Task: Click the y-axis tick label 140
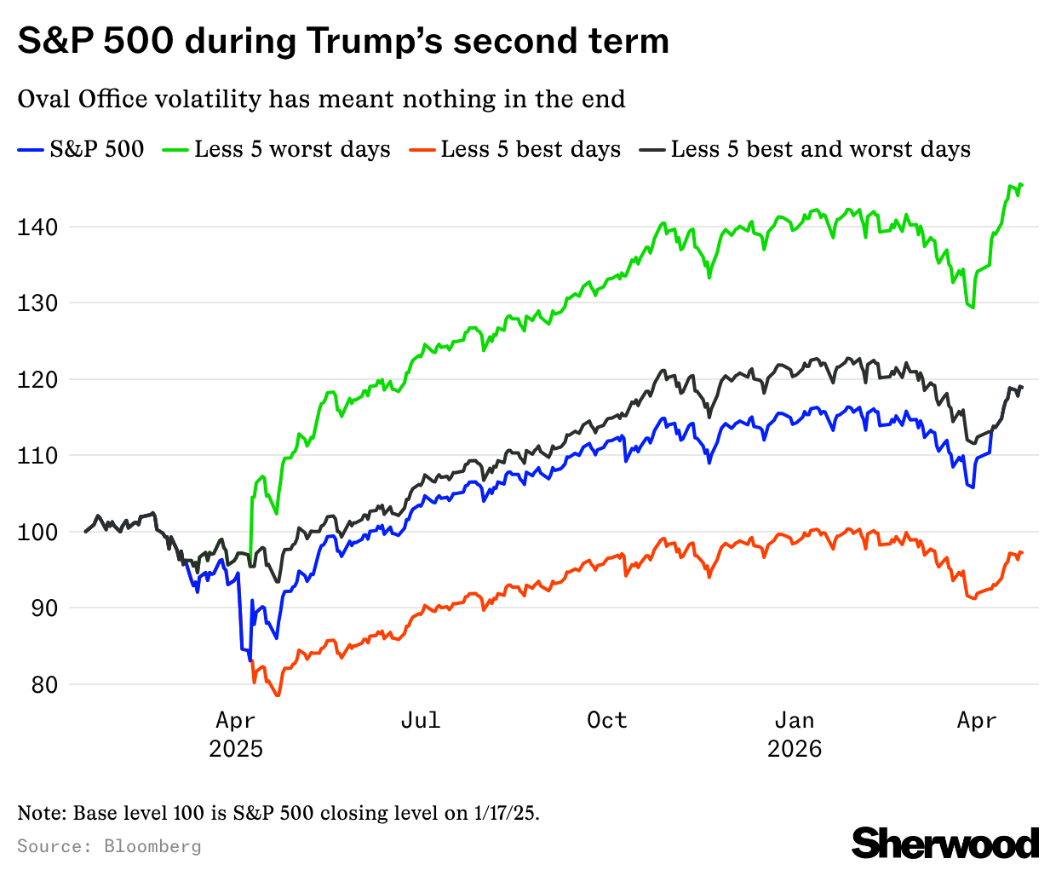tap(37, 227)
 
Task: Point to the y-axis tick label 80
tap(37, 684)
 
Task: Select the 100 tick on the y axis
tap(37, 532)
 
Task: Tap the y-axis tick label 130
tap(37, 303)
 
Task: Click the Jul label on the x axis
tap(421, 720)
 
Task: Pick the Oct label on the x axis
tap(607, 720)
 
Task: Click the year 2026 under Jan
tap(795, 749)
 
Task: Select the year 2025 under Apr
tap(236, 749)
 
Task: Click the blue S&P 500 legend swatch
tap(31, 150)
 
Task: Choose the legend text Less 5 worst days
tap(292, 150)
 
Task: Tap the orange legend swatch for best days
tap(422, 150)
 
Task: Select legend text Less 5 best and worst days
tap(820, 150)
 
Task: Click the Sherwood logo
tap(945, 843)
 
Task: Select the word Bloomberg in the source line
tap(152, 846)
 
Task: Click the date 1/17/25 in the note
tap(505, 813)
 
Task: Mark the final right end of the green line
tap(1021, 185)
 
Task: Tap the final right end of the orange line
tap(1021, 552)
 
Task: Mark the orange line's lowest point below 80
tap(278, 696)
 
